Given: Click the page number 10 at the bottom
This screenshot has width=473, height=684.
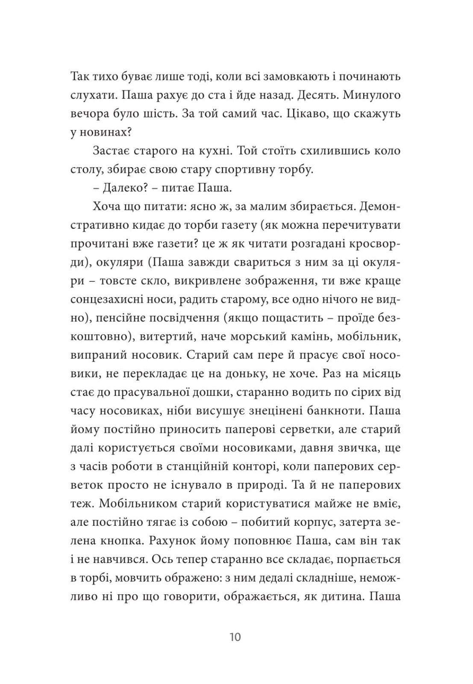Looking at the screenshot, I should tap(235, 637).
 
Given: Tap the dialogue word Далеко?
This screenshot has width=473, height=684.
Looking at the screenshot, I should tap(113, 188).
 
